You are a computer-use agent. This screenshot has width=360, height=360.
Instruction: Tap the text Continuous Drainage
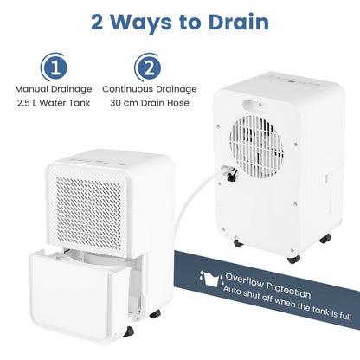(x=149, y=88)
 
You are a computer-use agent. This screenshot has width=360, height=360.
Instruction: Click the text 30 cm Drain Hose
(x=149, y=103)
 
